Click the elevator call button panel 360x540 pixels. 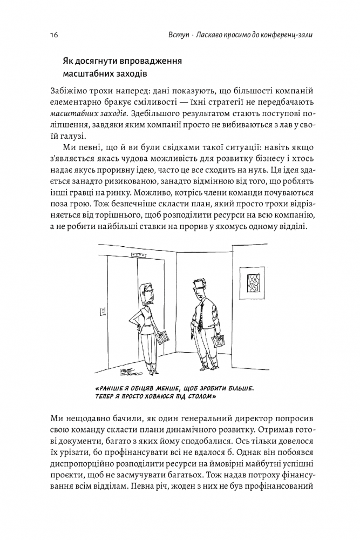click(x=101, y=311)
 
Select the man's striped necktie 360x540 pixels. click(x=201, y=314)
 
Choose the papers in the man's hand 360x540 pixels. click(x=219, y=340)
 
